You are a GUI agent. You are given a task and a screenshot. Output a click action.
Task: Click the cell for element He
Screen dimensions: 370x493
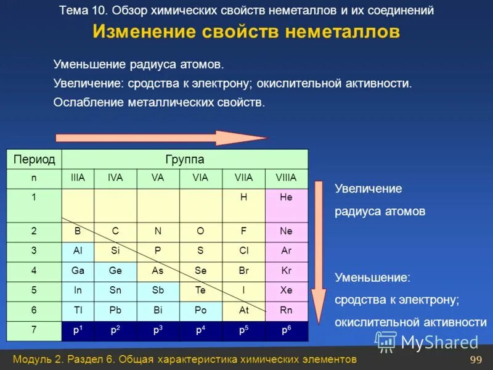pos(286,198)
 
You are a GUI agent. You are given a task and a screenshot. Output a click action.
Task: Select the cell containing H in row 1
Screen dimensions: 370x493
pos(243,198)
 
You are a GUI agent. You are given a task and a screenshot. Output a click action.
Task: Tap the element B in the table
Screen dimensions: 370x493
pos(78,232)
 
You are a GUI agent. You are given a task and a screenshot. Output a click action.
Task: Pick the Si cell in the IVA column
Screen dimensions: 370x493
pos(115,251)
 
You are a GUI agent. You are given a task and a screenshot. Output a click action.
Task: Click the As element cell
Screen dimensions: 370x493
pos(158,271)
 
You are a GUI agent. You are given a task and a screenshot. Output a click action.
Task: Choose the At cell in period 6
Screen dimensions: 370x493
pos(243,310)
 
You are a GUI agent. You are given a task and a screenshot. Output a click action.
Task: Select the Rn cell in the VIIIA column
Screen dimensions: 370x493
pos(286,310)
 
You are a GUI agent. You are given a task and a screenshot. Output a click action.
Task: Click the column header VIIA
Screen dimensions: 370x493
pos(243,178)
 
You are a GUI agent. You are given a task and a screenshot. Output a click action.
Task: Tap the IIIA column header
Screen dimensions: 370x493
pos(78,178)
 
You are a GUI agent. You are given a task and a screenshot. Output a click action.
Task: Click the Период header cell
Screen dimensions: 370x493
pos(35,160)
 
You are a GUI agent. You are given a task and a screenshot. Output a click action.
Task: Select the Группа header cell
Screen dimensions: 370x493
pos(185,160)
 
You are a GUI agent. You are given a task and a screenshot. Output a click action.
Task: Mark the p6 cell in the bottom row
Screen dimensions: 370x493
pos(286,331)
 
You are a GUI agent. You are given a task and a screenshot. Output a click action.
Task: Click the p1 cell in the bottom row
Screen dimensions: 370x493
pos(78,331)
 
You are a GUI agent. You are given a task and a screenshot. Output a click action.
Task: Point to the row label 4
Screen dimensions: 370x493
pos(35,271)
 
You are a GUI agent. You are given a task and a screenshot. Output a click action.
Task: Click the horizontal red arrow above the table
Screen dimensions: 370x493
pos(160,138)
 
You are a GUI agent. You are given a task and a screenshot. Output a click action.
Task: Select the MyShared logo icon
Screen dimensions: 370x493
pos(386,341)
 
